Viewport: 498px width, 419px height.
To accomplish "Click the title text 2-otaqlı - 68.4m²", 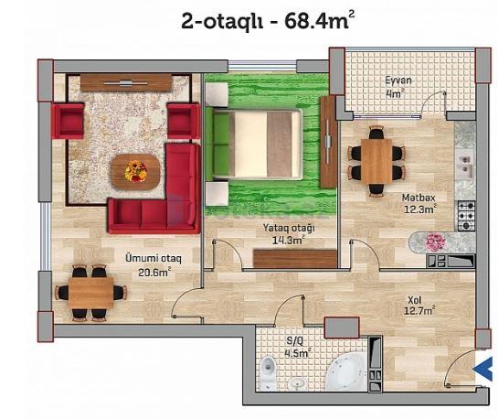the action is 268,20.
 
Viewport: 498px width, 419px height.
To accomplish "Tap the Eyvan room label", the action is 398,81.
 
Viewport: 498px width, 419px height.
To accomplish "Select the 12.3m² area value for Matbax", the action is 419,209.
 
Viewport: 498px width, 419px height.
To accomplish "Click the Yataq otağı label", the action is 289,228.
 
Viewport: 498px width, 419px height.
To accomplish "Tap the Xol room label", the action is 415,300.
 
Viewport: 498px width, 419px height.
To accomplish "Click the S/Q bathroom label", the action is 295,341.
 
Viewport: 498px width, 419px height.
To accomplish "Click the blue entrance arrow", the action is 483,369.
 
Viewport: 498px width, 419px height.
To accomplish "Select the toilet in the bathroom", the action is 268,372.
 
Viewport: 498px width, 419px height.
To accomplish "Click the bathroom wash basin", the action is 298,383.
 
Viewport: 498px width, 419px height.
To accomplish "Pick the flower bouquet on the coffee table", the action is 136,171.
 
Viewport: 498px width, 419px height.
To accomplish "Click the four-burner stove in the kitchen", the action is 466,216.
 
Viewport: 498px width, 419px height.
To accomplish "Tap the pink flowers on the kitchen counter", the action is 436,242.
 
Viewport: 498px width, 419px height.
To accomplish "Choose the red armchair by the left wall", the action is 68,121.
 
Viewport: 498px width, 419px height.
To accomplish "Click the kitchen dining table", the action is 376,161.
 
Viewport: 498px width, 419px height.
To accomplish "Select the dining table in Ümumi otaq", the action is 91,293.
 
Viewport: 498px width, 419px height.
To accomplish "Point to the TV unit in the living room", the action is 126,82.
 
